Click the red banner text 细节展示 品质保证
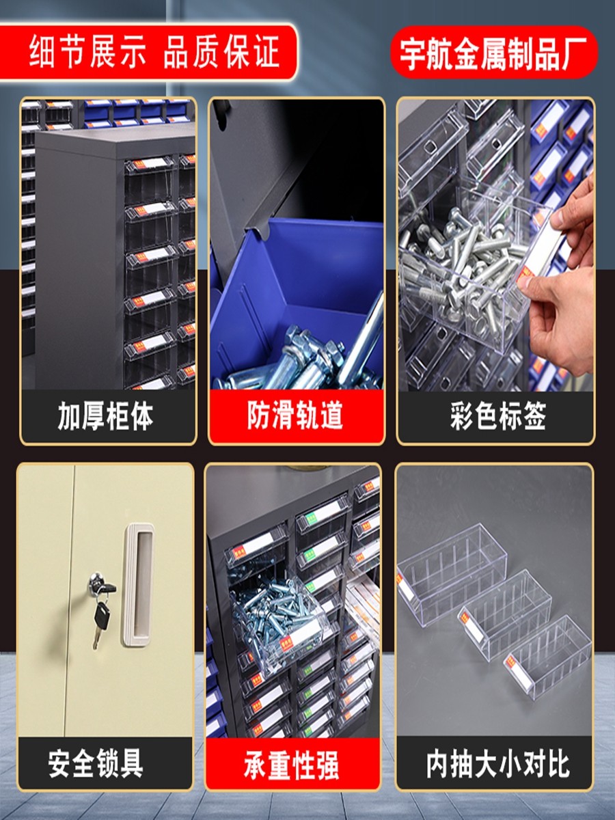coord(154,51)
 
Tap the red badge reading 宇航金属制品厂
coord(494,53)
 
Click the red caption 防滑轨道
coord(295,415)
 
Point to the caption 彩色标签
coord(498,415)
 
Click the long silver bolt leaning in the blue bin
coord(361,338)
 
